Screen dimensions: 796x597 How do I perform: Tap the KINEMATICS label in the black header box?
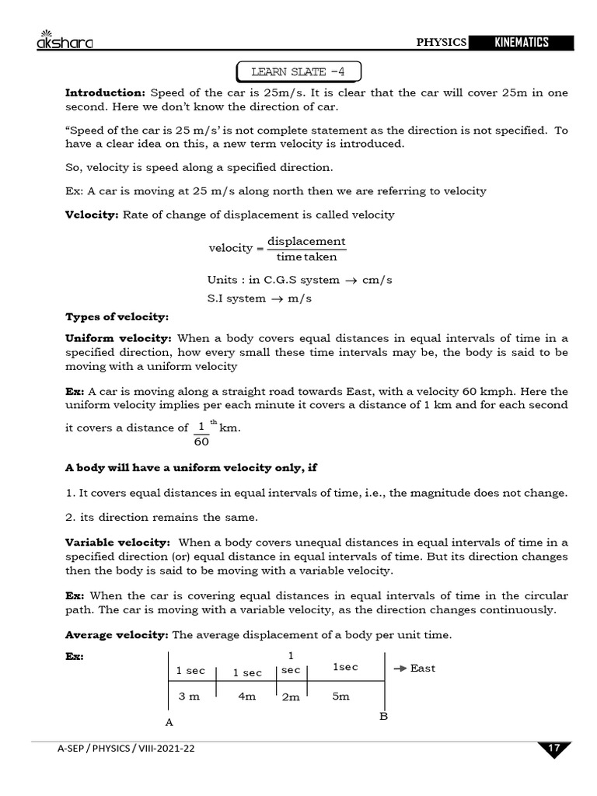[x=522, y=42]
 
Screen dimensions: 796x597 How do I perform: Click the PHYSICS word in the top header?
[x=442, y=42]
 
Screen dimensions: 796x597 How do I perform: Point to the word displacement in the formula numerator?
[x=306, y=241]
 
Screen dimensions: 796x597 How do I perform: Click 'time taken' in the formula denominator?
[x=306, y=257]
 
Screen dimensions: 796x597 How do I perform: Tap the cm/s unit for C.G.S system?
[x=377, y=280]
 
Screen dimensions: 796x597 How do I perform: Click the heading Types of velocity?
[x=117, y=317]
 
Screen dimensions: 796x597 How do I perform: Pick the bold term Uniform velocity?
[x=118, y=338]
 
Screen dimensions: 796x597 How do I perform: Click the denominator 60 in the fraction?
[x=201, y=442]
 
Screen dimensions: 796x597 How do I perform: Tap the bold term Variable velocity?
[x=117, y=543]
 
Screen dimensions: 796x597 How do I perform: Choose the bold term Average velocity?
[x=117, y=635]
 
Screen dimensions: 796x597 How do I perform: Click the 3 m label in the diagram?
[x=189, y=696]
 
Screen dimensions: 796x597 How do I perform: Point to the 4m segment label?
[x=247, y=696]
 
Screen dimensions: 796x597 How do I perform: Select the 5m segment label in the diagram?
[x=340, y=696]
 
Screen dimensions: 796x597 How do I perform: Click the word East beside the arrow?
[x=423, y=669]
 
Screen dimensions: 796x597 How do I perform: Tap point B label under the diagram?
[x=383, y=716]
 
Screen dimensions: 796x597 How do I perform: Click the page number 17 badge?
[x=553, y=749]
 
